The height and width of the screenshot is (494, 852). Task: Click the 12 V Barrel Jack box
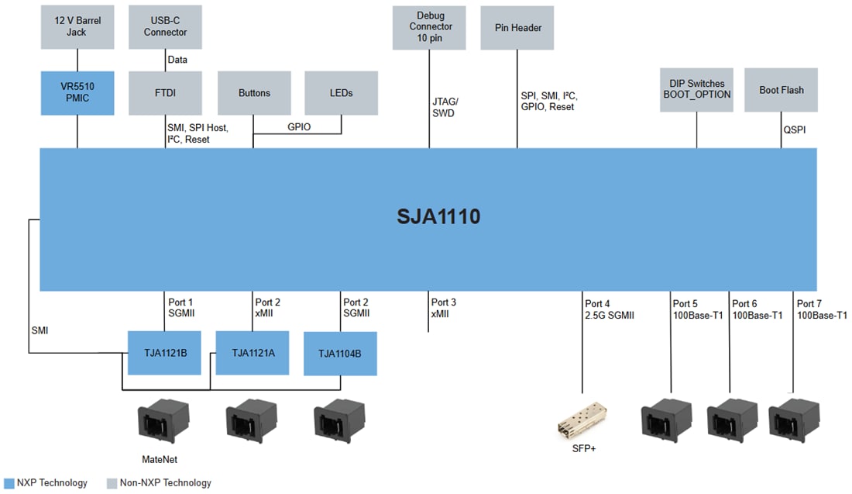pyautogui.click(x=77, y=27)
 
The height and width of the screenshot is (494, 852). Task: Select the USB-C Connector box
pyautogui.click(x=165, y=27)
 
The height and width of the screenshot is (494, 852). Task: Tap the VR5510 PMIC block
pyautogui.click(x=77, y=93)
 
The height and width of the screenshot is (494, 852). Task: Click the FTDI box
pyautogui.click(x=165, y=93)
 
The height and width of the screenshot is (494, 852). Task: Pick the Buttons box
pyautogui.click(x=254, y=93)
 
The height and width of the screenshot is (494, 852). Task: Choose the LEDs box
pyautogui.click(x=341, y=93)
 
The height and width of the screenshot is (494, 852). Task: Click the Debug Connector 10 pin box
pyautogui.click(x=430, y=27)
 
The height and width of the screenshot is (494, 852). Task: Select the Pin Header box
pyautogui.click(x=517, y=27)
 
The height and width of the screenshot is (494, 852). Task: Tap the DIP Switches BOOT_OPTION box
pyautogui.click(x=696, y=89)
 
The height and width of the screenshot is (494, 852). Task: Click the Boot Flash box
pyautogui.click(x=781, y=89)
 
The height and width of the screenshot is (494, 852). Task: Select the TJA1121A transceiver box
pyautogui.click(x=252, y=353)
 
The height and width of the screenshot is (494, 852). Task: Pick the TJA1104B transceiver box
pyautogui.click(x=340, y=354)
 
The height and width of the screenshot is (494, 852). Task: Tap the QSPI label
pyautogui.click(x=794, y=130)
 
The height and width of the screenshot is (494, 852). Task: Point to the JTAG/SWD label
pyautogui.click(x=445, y=107)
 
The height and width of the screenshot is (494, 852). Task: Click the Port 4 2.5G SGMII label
pyautogui.click(x=610, y=309)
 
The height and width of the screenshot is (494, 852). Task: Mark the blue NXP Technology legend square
pyautogui.click(x=9, y=483)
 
